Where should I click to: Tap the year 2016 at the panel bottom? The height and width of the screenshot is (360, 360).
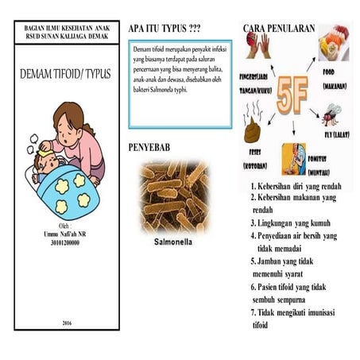pos(65,322)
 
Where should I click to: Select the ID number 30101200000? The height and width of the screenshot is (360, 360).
pos(65,243)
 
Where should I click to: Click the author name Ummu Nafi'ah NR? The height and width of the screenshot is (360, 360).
pos(65,235)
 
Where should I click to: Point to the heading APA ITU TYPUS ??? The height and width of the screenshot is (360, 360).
pos(165,29)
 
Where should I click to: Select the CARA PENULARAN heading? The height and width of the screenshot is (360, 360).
pos(278,29)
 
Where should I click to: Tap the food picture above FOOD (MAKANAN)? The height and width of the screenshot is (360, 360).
pos(334,45)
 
